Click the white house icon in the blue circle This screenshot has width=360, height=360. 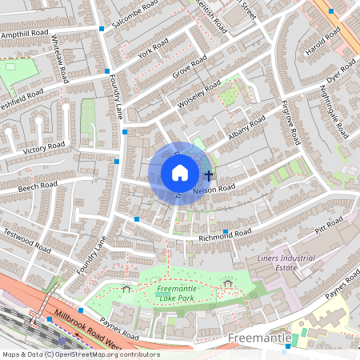(x=180, y=173)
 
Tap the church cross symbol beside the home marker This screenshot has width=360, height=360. (x=209, y=174)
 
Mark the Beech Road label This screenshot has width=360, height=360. (x=38, y=187)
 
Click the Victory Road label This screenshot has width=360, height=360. (x=44, y=148)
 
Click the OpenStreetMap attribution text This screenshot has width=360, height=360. (x=80, y=354)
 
